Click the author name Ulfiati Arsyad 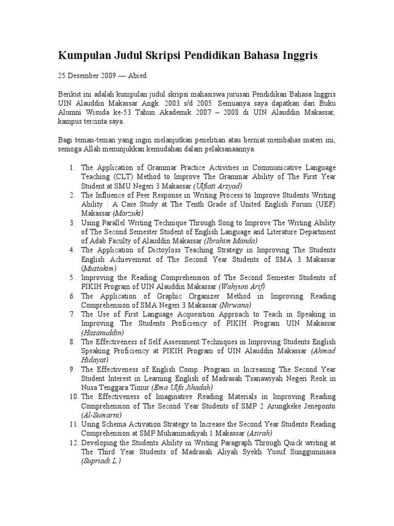(x=218, y=185)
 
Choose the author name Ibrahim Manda (x=231, y=240)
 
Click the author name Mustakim (x=99, y=268)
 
